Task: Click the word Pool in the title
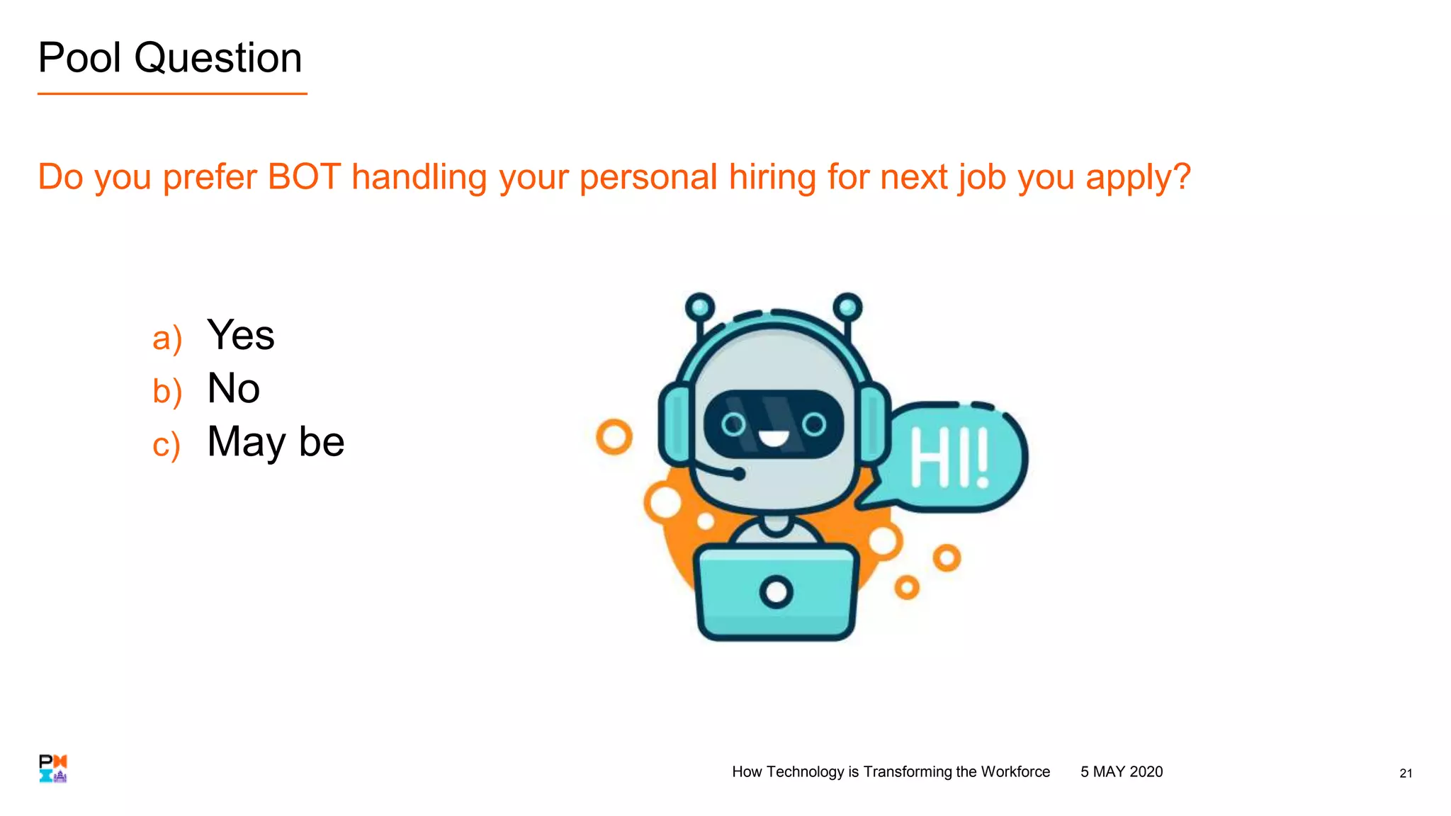tap(79, 58)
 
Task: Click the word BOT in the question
tap(304, 177)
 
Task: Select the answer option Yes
tap(240, 335)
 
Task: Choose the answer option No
tap(233, 388)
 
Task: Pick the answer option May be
tap(276, 442)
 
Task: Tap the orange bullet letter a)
tap(167, 338)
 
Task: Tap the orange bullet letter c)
tap(166, 445)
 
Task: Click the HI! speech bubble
tap(949, 458)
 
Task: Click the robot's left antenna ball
tap(700, 307)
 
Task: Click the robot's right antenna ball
tap(847, 307)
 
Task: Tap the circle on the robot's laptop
tap(777, 592)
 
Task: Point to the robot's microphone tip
tap(738, 474)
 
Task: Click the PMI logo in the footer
tap(53, 769)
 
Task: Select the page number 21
tap(1406, 773)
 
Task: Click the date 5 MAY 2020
tap(1122, 772)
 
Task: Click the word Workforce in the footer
tap(1015, 772)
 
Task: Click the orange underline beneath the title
tap(172, 93)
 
